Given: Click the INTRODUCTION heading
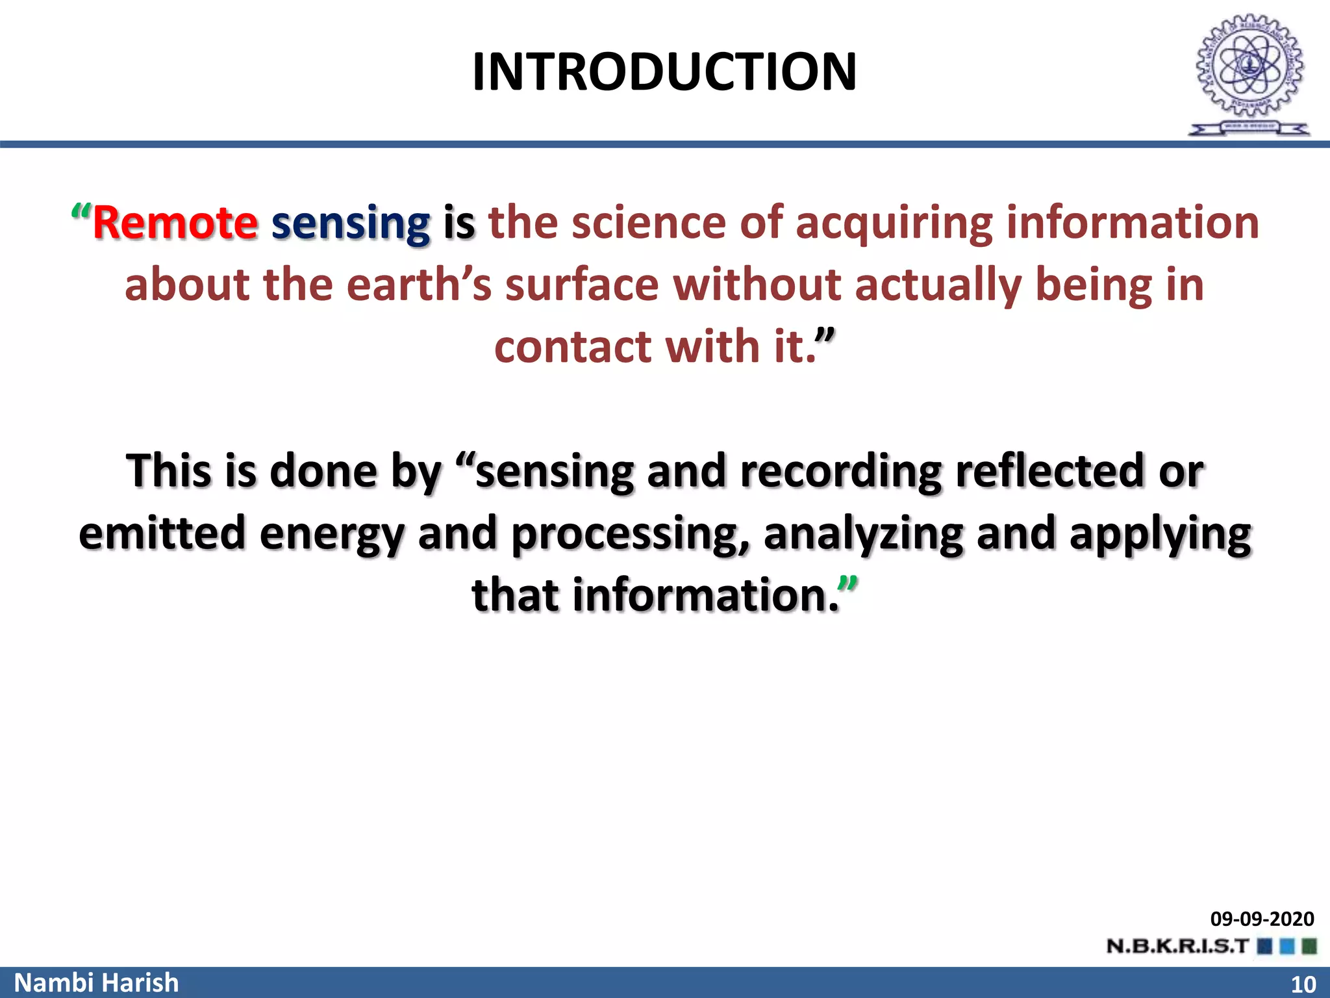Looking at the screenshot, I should pyautogui.click(x=664, y=71).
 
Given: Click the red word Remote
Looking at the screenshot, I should pyautogui.click(x=175, y=223).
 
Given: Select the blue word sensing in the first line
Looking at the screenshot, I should pyautogui.click(x=351, y=224).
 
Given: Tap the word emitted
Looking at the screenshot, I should pyautogui.click(x=162, y=533).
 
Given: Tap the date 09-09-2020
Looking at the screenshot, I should pyautogui.click(x=1262, y=919).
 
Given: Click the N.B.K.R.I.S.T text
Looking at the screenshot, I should pyautogui.click(x=1177, y=946).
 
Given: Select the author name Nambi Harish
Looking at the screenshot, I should pyautogui.click(x=96, y=982).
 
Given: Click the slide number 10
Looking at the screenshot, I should pyautogui.click(x=1303, y=984).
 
